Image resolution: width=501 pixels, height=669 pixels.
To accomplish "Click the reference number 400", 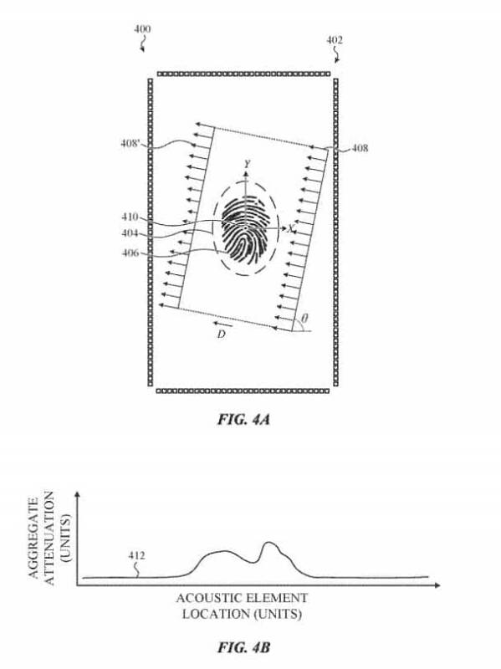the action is coord(142,29).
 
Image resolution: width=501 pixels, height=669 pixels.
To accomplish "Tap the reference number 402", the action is coord(335,40).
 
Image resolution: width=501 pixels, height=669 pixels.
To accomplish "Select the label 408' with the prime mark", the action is coord(130,143).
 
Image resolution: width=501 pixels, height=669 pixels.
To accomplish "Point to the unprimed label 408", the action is coord(360,148).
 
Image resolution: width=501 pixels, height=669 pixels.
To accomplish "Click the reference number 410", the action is coord(130,217).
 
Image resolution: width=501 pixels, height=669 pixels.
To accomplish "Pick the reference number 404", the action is coord(130,233).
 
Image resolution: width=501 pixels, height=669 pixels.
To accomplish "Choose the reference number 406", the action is coord(130,253).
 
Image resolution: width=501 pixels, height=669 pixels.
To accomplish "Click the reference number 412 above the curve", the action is coord(136,555).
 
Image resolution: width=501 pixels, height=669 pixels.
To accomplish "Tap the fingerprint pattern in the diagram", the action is coord(246,229).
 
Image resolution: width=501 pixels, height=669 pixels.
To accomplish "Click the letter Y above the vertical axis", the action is coord(247,163).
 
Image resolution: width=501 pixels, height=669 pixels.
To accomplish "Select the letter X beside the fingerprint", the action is coord(291,229).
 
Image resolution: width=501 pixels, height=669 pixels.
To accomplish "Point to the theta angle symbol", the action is coord(304,319).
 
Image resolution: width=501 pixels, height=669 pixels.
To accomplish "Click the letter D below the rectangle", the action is coord(221,334).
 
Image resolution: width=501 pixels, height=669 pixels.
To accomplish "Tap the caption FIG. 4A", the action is coord(243,420).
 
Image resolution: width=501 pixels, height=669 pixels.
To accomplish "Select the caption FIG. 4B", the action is coord(243,647).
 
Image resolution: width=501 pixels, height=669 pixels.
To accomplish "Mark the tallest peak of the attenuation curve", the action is coord(268,542).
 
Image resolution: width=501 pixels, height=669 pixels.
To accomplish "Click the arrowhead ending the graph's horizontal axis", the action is coord(437,585).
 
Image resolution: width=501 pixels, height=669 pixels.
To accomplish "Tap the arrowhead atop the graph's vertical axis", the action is coord(77,494).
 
